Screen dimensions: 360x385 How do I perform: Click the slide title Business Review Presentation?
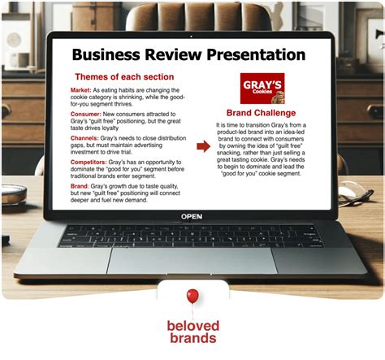click(188, 54)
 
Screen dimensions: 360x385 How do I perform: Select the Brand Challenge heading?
click(260, 111)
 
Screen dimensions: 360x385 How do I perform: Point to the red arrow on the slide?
click(201, 147)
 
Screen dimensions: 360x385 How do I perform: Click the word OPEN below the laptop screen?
click(192, 216)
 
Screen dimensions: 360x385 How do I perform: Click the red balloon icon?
click(192, 297)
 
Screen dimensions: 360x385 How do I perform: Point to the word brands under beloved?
click(192, 340)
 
